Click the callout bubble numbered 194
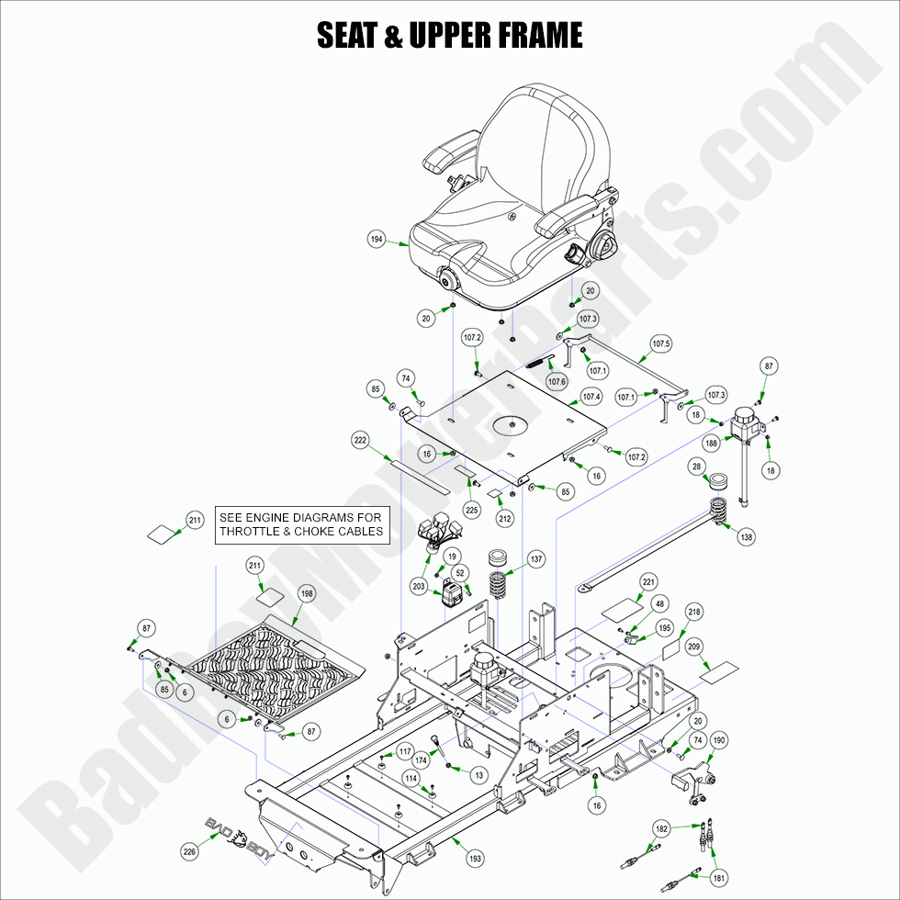coord(377,240)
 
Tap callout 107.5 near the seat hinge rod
coord(661,344)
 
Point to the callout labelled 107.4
coord(591,398)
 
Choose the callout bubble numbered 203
coord(418,586)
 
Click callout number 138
coord(747,536)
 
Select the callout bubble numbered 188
coord(711,443)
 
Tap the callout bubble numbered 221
coord(649,582)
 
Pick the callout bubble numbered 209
coord(694,647)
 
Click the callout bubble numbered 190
coord(719,740)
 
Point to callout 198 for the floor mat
coord(307,594)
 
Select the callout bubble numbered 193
coord(475,859)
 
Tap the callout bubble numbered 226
coord(189,851)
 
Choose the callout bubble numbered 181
coord(719,878)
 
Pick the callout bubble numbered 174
coord(422,760)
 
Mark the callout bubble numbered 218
coord(694,612)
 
